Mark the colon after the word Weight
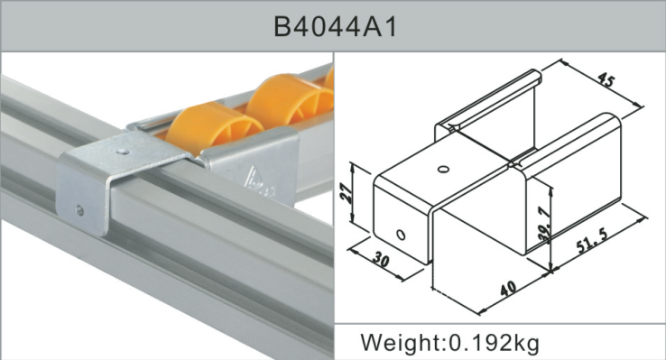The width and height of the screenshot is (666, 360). (444, 345)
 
